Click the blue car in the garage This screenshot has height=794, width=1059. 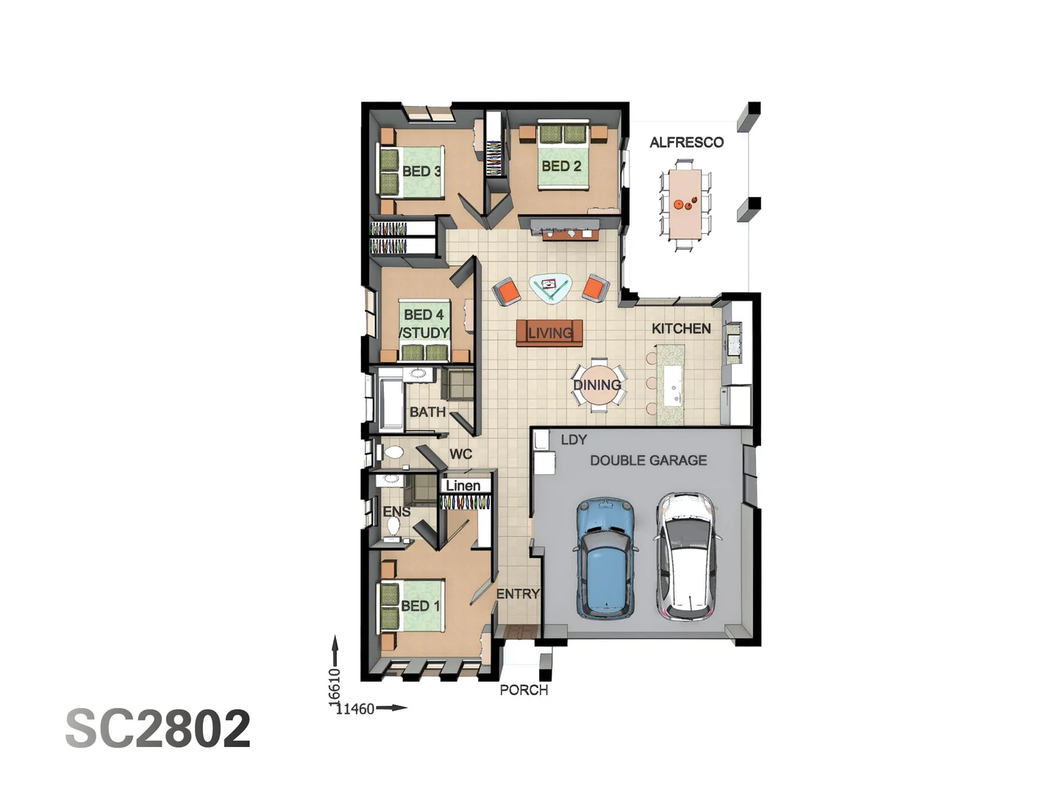click(606, 559)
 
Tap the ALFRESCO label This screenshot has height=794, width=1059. click(686, 143)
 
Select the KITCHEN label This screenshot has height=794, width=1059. click(681, 329)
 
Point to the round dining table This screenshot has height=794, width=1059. click(597, 385)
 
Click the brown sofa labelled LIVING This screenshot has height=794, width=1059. click(549, 333)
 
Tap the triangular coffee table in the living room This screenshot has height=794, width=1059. click(550, 287)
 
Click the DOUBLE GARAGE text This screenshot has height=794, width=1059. click(648, 460)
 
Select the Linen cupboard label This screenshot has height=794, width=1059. click(463, 485)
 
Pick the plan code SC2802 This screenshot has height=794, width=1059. click(158, 729)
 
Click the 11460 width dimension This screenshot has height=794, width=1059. click(356, 709)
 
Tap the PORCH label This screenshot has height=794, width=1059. click(524, 690)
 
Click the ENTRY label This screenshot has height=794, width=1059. click(518, 593)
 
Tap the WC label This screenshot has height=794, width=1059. click(460, 454)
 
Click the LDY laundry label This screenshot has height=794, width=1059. click(574, 440)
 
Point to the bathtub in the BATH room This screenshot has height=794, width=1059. click(389, 401)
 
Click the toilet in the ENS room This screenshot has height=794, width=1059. click(393, 525)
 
